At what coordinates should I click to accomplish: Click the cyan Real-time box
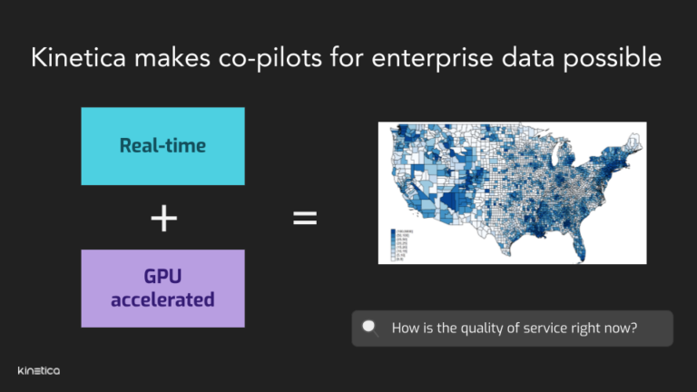point(162,146)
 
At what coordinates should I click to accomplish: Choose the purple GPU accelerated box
point(162,288)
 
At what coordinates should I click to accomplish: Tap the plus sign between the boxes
point(163,219)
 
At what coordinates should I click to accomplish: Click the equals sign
point(305,219)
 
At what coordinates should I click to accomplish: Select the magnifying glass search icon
point(370,328)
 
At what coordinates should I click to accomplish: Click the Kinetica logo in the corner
point(38,370)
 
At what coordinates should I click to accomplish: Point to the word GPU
point(163,277)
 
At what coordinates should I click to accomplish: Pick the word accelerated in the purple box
point(163,299)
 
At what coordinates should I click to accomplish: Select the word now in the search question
point(619,328)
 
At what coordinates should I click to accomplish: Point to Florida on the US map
point(584,242)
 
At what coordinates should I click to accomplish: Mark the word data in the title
point(525,58)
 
